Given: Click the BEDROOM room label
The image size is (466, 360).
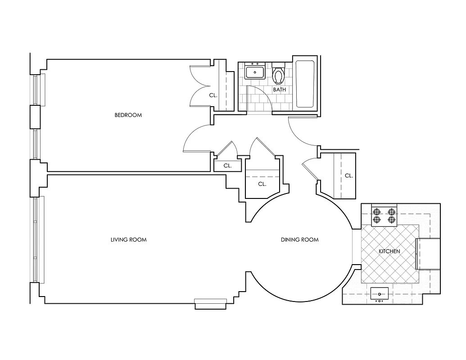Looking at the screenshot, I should click(128, 115).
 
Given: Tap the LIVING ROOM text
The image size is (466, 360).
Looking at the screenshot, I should click(128, 240).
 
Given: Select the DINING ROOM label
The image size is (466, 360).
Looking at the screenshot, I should click(299, 240).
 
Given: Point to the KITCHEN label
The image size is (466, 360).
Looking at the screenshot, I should click(389, 251).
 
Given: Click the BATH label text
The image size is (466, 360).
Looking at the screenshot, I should click(280, 90).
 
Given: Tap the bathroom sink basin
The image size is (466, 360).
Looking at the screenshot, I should click(255, 72).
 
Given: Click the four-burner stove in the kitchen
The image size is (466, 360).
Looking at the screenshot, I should click(384, 215).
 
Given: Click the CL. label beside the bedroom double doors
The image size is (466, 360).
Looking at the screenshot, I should click(213, 95).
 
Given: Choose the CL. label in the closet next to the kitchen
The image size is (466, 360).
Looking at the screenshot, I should click(348, 175).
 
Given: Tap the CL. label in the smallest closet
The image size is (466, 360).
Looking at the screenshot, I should click(228, 166).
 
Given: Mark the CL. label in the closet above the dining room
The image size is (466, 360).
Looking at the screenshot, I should click(262, 184).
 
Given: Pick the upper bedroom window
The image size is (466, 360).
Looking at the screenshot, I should click(36, 90).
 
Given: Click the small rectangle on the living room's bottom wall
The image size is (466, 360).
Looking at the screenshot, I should click(210, 304).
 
